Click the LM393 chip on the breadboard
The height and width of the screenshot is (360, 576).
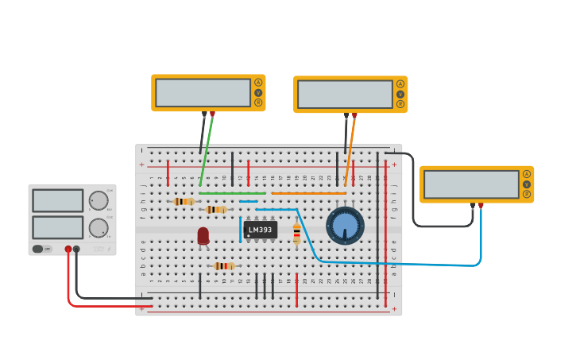(260, 230)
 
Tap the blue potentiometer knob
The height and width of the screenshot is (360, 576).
(346, 226)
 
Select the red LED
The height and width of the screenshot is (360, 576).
(203, 235)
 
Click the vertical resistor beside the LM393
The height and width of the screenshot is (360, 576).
(297, 234)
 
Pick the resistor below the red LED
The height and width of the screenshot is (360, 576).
(224, 266)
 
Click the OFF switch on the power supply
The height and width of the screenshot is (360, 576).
(38, 249)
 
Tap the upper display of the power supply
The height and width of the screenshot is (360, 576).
(58, 200)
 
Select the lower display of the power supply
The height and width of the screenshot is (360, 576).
(58, 227)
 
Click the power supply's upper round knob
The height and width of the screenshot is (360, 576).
(98, 200)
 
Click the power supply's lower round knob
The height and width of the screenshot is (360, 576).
(98, 228)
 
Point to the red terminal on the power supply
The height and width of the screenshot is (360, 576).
(68, 250)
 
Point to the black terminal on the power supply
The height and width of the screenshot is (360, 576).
(76, 250)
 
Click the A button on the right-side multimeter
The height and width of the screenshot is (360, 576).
(526, 174)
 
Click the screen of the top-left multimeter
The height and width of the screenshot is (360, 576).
(203, 92)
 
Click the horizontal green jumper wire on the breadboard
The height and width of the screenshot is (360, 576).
(232, 193)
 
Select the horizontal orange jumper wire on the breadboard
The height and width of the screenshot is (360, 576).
(308, 193)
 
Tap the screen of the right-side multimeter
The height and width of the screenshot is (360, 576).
(471, 184)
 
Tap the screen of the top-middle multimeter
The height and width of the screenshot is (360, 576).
(345, 94)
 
